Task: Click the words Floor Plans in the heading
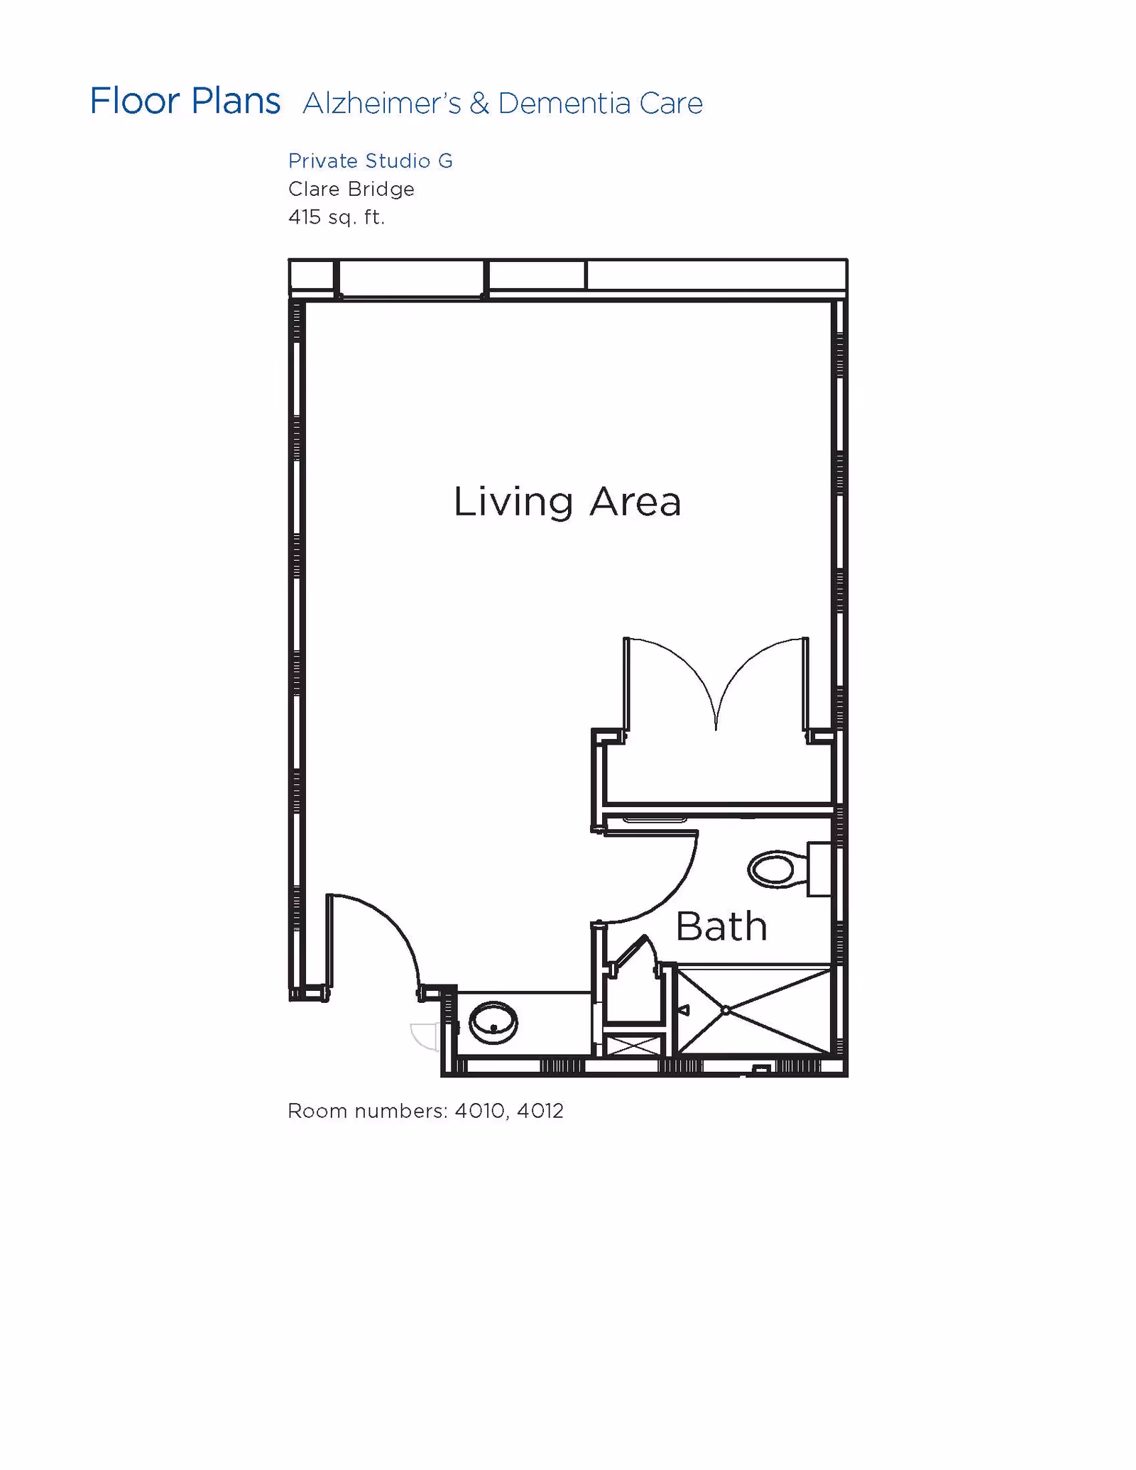point(185,102)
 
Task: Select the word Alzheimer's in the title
point(382,104)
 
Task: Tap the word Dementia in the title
point(564,104)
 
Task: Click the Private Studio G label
point(370,161)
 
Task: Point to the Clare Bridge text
point(351,189)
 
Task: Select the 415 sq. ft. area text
point(337,216)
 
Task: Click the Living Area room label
point(567,502)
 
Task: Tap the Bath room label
point(721,926)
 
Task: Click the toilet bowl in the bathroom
point(772,870)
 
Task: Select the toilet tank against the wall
point(819,870)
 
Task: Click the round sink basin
point(493,1023)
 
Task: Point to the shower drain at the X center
point(726,1010)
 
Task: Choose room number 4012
point(540,1111)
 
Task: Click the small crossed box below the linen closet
point(633,1046)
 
